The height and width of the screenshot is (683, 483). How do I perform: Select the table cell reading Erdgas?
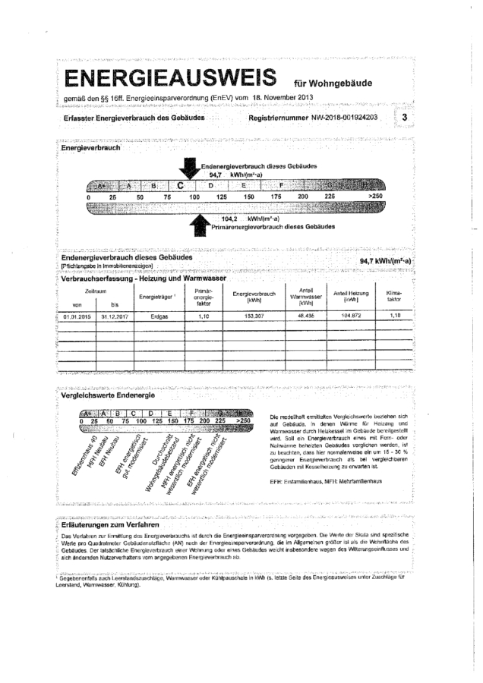point(159,316)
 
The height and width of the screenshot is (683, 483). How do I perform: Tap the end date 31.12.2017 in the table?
point(114,316)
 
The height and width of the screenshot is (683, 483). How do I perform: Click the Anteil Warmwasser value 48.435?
point(307,316)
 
